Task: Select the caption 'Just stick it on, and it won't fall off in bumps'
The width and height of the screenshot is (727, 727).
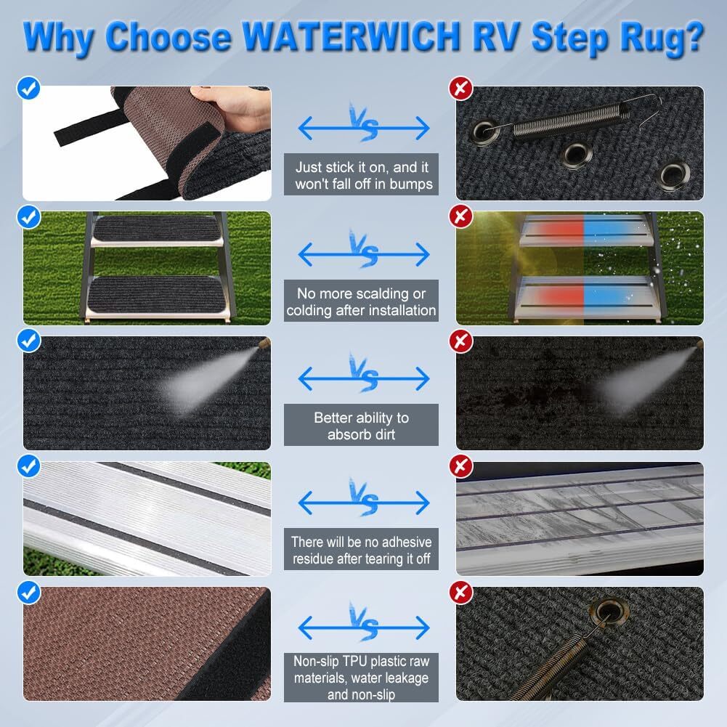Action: [361, 176]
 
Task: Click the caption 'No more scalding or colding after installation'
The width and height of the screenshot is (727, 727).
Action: [361, 302]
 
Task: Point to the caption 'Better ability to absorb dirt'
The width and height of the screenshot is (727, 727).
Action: [361, 426]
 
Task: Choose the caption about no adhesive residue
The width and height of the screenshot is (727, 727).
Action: [361, 551]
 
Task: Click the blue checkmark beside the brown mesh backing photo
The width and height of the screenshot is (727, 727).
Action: [28, 592]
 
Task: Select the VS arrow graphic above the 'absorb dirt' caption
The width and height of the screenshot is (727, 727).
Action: [363, 377]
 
